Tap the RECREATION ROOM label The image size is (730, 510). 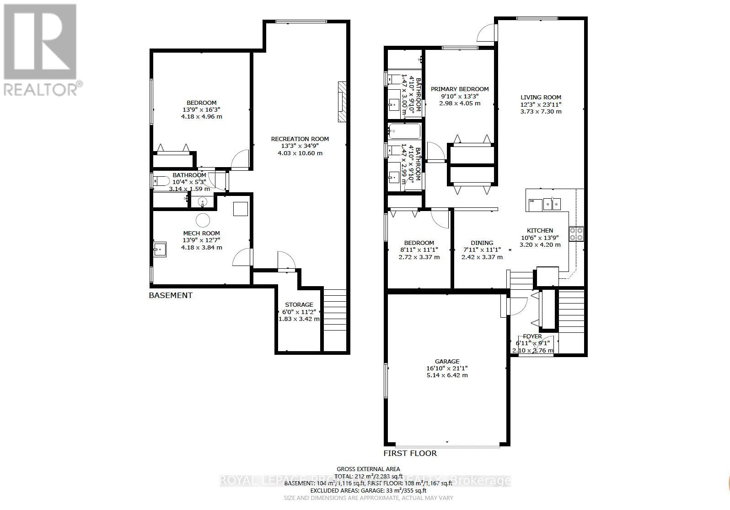(300, 139)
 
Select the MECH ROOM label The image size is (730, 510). (201, 233)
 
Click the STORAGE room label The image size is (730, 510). (299, 304)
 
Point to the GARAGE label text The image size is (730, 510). (447, 361)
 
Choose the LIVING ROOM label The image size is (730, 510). (541, 97)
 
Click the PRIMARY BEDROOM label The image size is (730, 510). (460, 89)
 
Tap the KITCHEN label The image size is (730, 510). (540, 230)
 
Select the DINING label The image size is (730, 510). (482, 243)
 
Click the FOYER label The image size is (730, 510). (532, 336)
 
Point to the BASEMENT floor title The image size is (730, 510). (171, 295)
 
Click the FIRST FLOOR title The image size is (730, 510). (410, 453)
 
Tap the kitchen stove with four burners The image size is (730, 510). (576, 234)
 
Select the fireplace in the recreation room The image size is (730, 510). (342, 102)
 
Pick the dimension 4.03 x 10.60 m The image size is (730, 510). (300, 153)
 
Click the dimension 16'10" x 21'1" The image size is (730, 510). (447, 368)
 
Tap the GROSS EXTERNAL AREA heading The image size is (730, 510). (368, 469)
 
